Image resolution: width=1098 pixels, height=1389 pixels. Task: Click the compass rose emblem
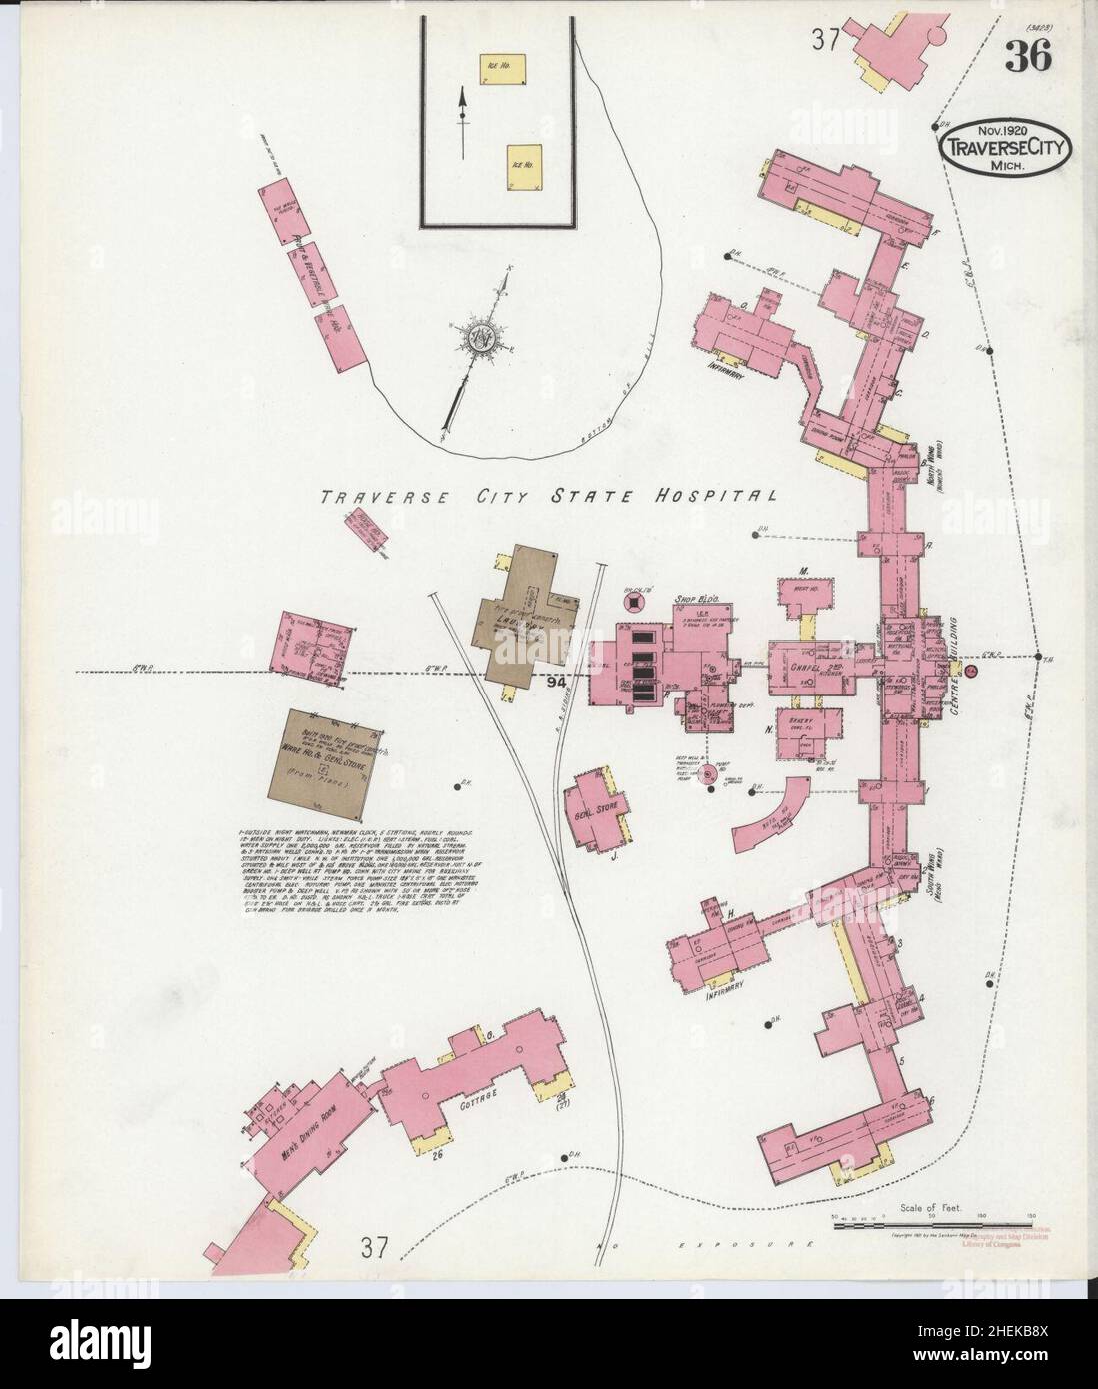click(478, 337)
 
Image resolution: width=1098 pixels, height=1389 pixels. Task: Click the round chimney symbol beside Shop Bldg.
click(632, 602)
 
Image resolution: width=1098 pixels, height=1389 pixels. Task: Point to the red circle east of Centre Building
click(969, 673)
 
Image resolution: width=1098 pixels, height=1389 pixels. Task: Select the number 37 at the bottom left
click(374, 1247)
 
